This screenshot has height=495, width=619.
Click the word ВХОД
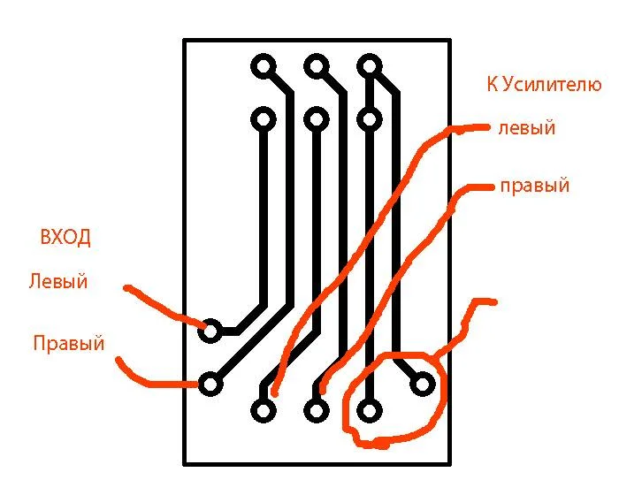pyautogui.click(x=65, y=237)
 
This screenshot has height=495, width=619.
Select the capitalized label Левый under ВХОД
pyautogui.click(x=58, y=281)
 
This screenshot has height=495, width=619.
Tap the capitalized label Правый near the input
pyautogui.click(x=69, y=343)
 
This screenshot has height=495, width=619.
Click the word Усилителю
pyautogui.click(x=552, y=85)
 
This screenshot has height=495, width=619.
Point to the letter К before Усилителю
pyautogui.click(x=493, y=84)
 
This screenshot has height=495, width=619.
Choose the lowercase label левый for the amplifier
pyautogui.click(x=527, y=128)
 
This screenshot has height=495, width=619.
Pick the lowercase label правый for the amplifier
pyautogui.click(x=535, y=186)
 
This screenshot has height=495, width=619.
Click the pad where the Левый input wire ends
pyautogui.click(x=210, y=331)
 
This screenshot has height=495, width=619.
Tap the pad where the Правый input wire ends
pyautogui.click(x=210, y=385)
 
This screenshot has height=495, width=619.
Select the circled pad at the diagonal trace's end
pyautogui.click(x=423, y=385)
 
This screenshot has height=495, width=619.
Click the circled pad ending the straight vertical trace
pyautogui.click(x=369, y=410)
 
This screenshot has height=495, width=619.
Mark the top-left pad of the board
pyautogui.click(x=264, y=66)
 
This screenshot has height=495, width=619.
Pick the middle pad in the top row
pyautogui.click(x=317, y=66)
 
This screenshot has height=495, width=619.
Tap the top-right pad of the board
pyautogui.click(x=369, y=66)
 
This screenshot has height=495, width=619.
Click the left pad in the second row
pyautogui.click(x=264, y=118)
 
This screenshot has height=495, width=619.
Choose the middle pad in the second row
pyautogui.click(x=317, y=118)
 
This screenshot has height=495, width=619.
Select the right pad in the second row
pyautogui.click(x=369, y=118)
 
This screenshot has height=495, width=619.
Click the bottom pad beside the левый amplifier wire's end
pyautogui.click(x=264, y=410)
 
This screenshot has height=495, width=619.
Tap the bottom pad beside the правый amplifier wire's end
pyautogui.click(x=317, y=410)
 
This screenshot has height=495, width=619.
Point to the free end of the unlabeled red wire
pyautogui.click(x=494, y=302)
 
